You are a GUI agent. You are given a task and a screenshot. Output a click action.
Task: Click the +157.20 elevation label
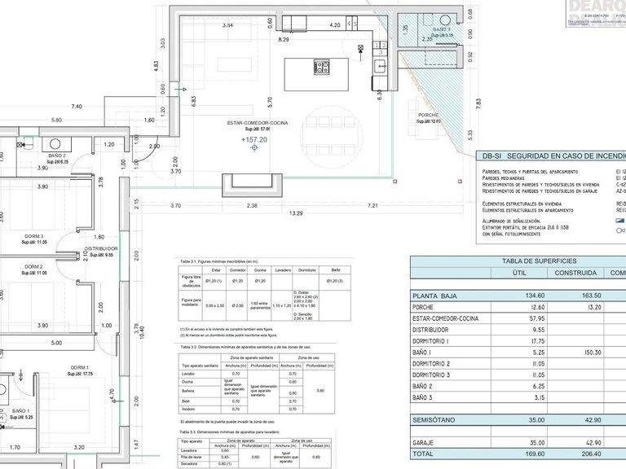254,140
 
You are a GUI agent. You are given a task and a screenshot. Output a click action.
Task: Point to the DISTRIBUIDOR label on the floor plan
101,248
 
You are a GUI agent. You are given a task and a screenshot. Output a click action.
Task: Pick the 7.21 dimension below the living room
373,205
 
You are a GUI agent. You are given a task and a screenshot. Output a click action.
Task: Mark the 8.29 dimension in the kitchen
284,39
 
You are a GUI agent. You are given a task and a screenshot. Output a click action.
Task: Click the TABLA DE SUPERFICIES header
517,261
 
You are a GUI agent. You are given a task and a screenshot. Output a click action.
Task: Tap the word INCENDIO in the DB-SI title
608,155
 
